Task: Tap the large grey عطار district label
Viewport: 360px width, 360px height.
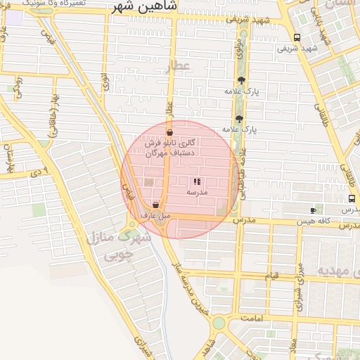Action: point(178,68)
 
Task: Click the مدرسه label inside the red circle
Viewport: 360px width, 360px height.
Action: point(196,191)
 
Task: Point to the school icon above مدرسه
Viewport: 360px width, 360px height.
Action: point(196,181)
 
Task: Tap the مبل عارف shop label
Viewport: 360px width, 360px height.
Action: point(155,215)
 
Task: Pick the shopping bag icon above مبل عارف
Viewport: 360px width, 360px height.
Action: point(155,205)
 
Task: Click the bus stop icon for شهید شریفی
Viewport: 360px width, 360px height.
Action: point(297,37)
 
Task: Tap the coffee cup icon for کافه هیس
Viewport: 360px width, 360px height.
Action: point(313,210)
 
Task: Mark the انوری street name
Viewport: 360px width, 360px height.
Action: point(105,82)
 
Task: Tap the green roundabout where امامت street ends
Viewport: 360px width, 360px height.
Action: point(219,323)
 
